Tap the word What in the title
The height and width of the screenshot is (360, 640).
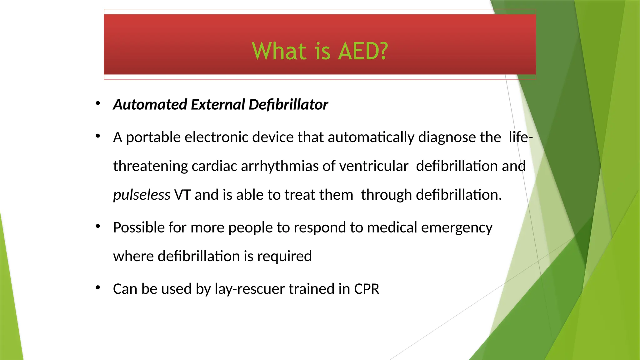279,51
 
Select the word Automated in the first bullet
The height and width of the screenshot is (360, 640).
150,104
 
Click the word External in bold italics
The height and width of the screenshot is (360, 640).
218,104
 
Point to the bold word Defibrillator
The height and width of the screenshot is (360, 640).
288,104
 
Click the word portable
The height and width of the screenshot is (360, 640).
153,137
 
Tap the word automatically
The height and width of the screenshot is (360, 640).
371,137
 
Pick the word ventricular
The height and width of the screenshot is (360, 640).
374,166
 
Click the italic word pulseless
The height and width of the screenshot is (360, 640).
142,195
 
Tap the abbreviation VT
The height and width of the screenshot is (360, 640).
182,195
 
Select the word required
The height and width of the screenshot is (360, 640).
284,257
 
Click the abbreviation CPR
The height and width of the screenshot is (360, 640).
367,289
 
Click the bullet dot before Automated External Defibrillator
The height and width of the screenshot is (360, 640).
98,103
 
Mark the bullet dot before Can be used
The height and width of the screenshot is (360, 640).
98,287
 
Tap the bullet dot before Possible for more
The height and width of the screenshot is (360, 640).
98,226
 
